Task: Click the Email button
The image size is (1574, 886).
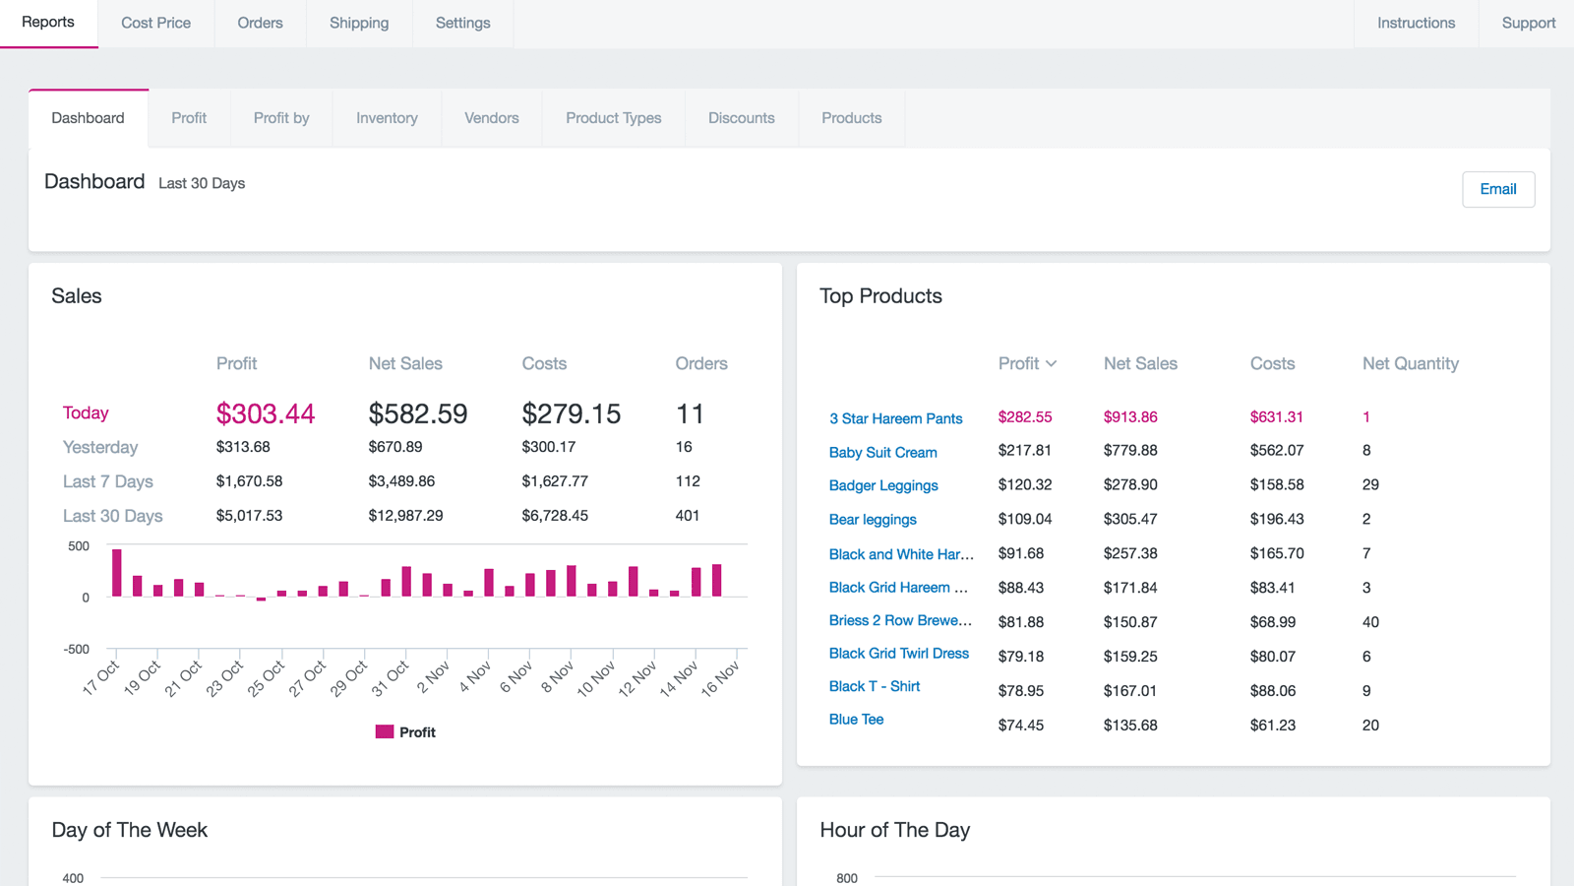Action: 1497,189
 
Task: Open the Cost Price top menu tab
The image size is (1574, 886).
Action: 155,23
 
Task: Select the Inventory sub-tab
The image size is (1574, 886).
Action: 387,118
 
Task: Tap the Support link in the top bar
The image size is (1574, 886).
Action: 1528,23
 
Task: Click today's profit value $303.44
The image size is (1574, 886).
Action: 266,413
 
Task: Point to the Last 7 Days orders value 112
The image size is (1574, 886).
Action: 688,481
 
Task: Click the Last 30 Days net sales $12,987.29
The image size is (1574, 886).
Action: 405,516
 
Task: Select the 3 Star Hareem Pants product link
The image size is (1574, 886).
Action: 895,418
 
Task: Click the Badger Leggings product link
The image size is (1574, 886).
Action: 882,485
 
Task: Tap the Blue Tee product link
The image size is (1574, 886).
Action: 856,720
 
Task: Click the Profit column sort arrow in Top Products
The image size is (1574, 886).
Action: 1052,364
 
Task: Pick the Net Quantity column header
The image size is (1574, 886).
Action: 1410,364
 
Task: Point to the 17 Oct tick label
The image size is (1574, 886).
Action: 101,678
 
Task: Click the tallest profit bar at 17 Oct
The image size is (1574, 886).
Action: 117,573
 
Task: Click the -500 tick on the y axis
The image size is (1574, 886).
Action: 77,650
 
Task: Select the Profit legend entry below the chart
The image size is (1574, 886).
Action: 405,732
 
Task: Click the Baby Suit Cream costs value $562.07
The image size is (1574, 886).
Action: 1276,451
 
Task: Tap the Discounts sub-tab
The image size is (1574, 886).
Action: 741,118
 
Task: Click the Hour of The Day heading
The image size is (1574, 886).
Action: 894,830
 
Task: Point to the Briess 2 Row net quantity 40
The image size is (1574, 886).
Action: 1370,622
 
